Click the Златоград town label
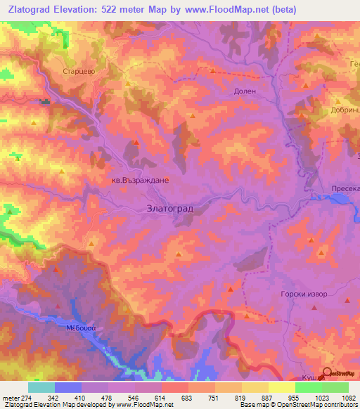tap(169, 209)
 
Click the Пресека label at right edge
tap(345, 189)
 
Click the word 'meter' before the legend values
tap(11, 397)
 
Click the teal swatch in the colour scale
tap(41, 387)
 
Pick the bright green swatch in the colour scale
tap(335, 387)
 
